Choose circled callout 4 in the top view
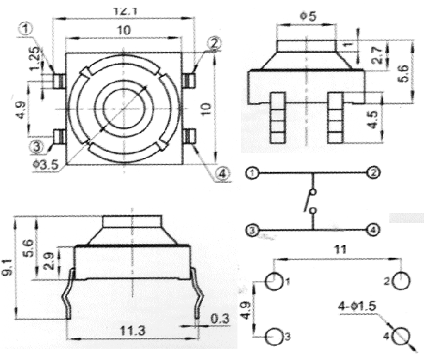pos(222,174)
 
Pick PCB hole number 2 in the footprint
pos(401,282)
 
